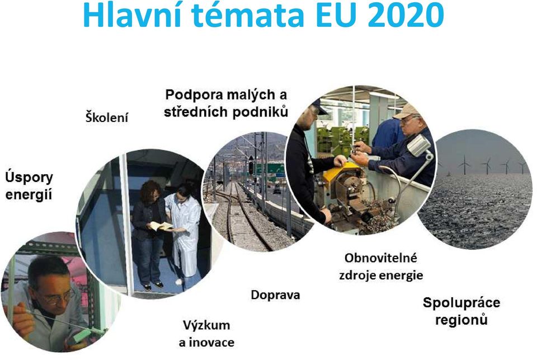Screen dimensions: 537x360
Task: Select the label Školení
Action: (x=107, y=117)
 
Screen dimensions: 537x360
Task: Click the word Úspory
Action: (x=29, y=178)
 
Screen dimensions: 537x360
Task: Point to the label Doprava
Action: (x=275, y=295)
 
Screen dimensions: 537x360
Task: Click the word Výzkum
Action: (x=206, y=325)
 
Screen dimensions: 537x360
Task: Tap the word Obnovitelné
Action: (x=380, y=258)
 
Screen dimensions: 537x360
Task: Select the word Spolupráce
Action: (x=461, y=303)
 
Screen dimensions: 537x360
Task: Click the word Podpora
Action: (x=194, y=95)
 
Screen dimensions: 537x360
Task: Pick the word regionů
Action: (x=461, y=320)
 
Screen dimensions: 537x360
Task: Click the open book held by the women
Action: (x=161, y=226)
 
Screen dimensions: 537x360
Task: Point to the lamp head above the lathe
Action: (x=419, y=145)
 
